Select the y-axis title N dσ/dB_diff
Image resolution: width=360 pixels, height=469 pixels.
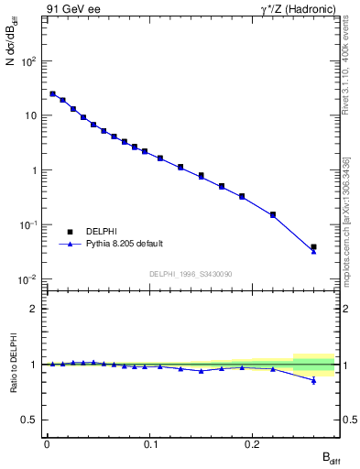coord(15,60)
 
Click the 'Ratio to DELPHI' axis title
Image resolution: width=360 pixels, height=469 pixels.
coord(15,366)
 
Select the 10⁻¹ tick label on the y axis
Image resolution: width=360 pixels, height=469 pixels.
coord(29,225)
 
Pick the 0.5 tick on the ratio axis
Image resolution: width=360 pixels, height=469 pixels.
coord(33,420)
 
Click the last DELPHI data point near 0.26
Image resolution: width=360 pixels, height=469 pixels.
coord(313,246)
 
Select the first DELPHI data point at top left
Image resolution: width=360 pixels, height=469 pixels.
coord(52,93)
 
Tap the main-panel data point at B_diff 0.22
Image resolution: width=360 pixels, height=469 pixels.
coord(273,214)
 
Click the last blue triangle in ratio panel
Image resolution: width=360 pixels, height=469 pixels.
coord(313,380)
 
